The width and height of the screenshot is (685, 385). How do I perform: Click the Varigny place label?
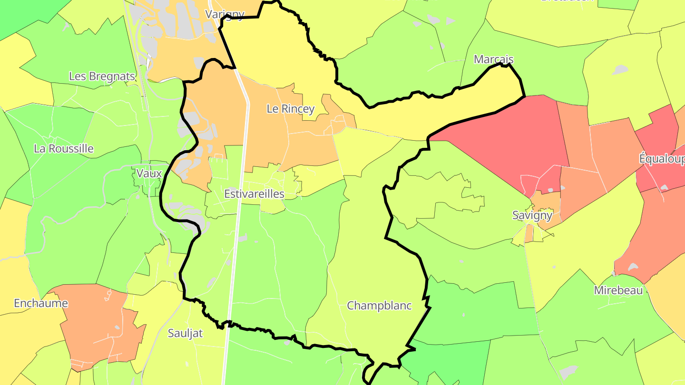[225, 14]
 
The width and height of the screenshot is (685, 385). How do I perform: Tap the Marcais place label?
[494, 59]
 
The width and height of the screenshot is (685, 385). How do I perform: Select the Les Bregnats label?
[102, 76]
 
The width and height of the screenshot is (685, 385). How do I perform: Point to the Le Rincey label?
[291, 109]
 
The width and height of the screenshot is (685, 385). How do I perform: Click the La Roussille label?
[64, 148]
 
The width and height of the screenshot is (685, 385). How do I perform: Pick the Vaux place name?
[149, 173]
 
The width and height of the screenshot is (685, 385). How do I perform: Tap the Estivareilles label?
[254, 193]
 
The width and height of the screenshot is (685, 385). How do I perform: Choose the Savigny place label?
[532, 215]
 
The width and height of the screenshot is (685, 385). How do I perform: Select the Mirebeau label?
[618, 290]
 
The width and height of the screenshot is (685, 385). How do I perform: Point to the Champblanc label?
[379, 306]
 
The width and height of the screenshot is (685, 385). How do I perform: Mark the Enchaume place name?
[41, 303]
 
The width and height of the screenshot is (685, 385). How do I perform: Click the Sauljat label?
[185, 333]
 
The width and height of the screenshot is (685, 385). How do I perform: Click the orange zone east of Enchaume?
[95, 328]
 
